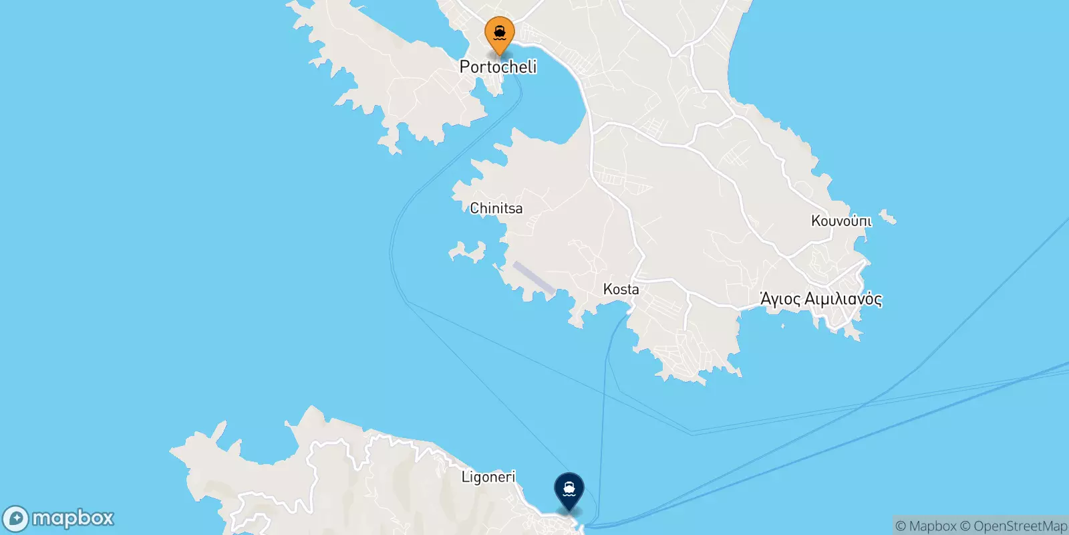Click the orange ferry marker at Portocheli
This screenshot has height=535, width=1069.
tap(500, 34)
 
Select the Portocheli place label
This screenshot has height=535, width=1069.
tap(498, 67)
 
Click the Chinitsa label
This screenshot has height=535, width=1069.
tap(496, 209)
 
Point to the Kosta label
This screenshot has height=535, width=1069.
tap(621, 290)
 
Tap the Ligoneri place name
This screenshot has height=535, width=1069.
tap(488, 477)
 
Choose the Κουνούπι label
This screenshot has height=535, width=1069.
tap(841, 221)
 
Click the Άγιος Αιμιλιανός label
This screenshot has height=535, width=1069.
tap(821, 299)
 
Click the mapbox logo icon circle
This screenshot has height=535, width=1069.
tap(15, 519)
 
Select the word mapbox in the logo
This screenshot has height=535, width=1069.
tap(73, 518)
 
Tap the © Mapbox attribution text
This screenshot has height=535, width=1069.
tap(926, 526)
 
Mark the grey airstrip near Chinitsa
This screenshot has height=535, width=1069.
tap(533, 278)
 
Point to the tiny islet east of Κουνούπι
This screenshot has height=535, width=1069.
tap(888, 217)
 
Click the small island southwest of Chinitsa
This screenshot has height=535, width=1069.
tap(468, 253)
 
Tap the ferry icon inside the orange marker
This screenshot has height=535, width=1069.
tap(500, 31)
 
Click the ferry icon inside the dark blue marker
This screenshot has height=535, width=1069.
tap(569, 489)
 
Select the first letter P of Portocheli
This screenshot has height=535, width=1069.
tap(466, 67)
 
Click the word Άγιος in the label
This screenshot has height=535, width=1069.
tap(780, 299)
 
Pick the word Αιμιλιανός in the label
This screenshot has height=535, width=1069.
tap(843, 299)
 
